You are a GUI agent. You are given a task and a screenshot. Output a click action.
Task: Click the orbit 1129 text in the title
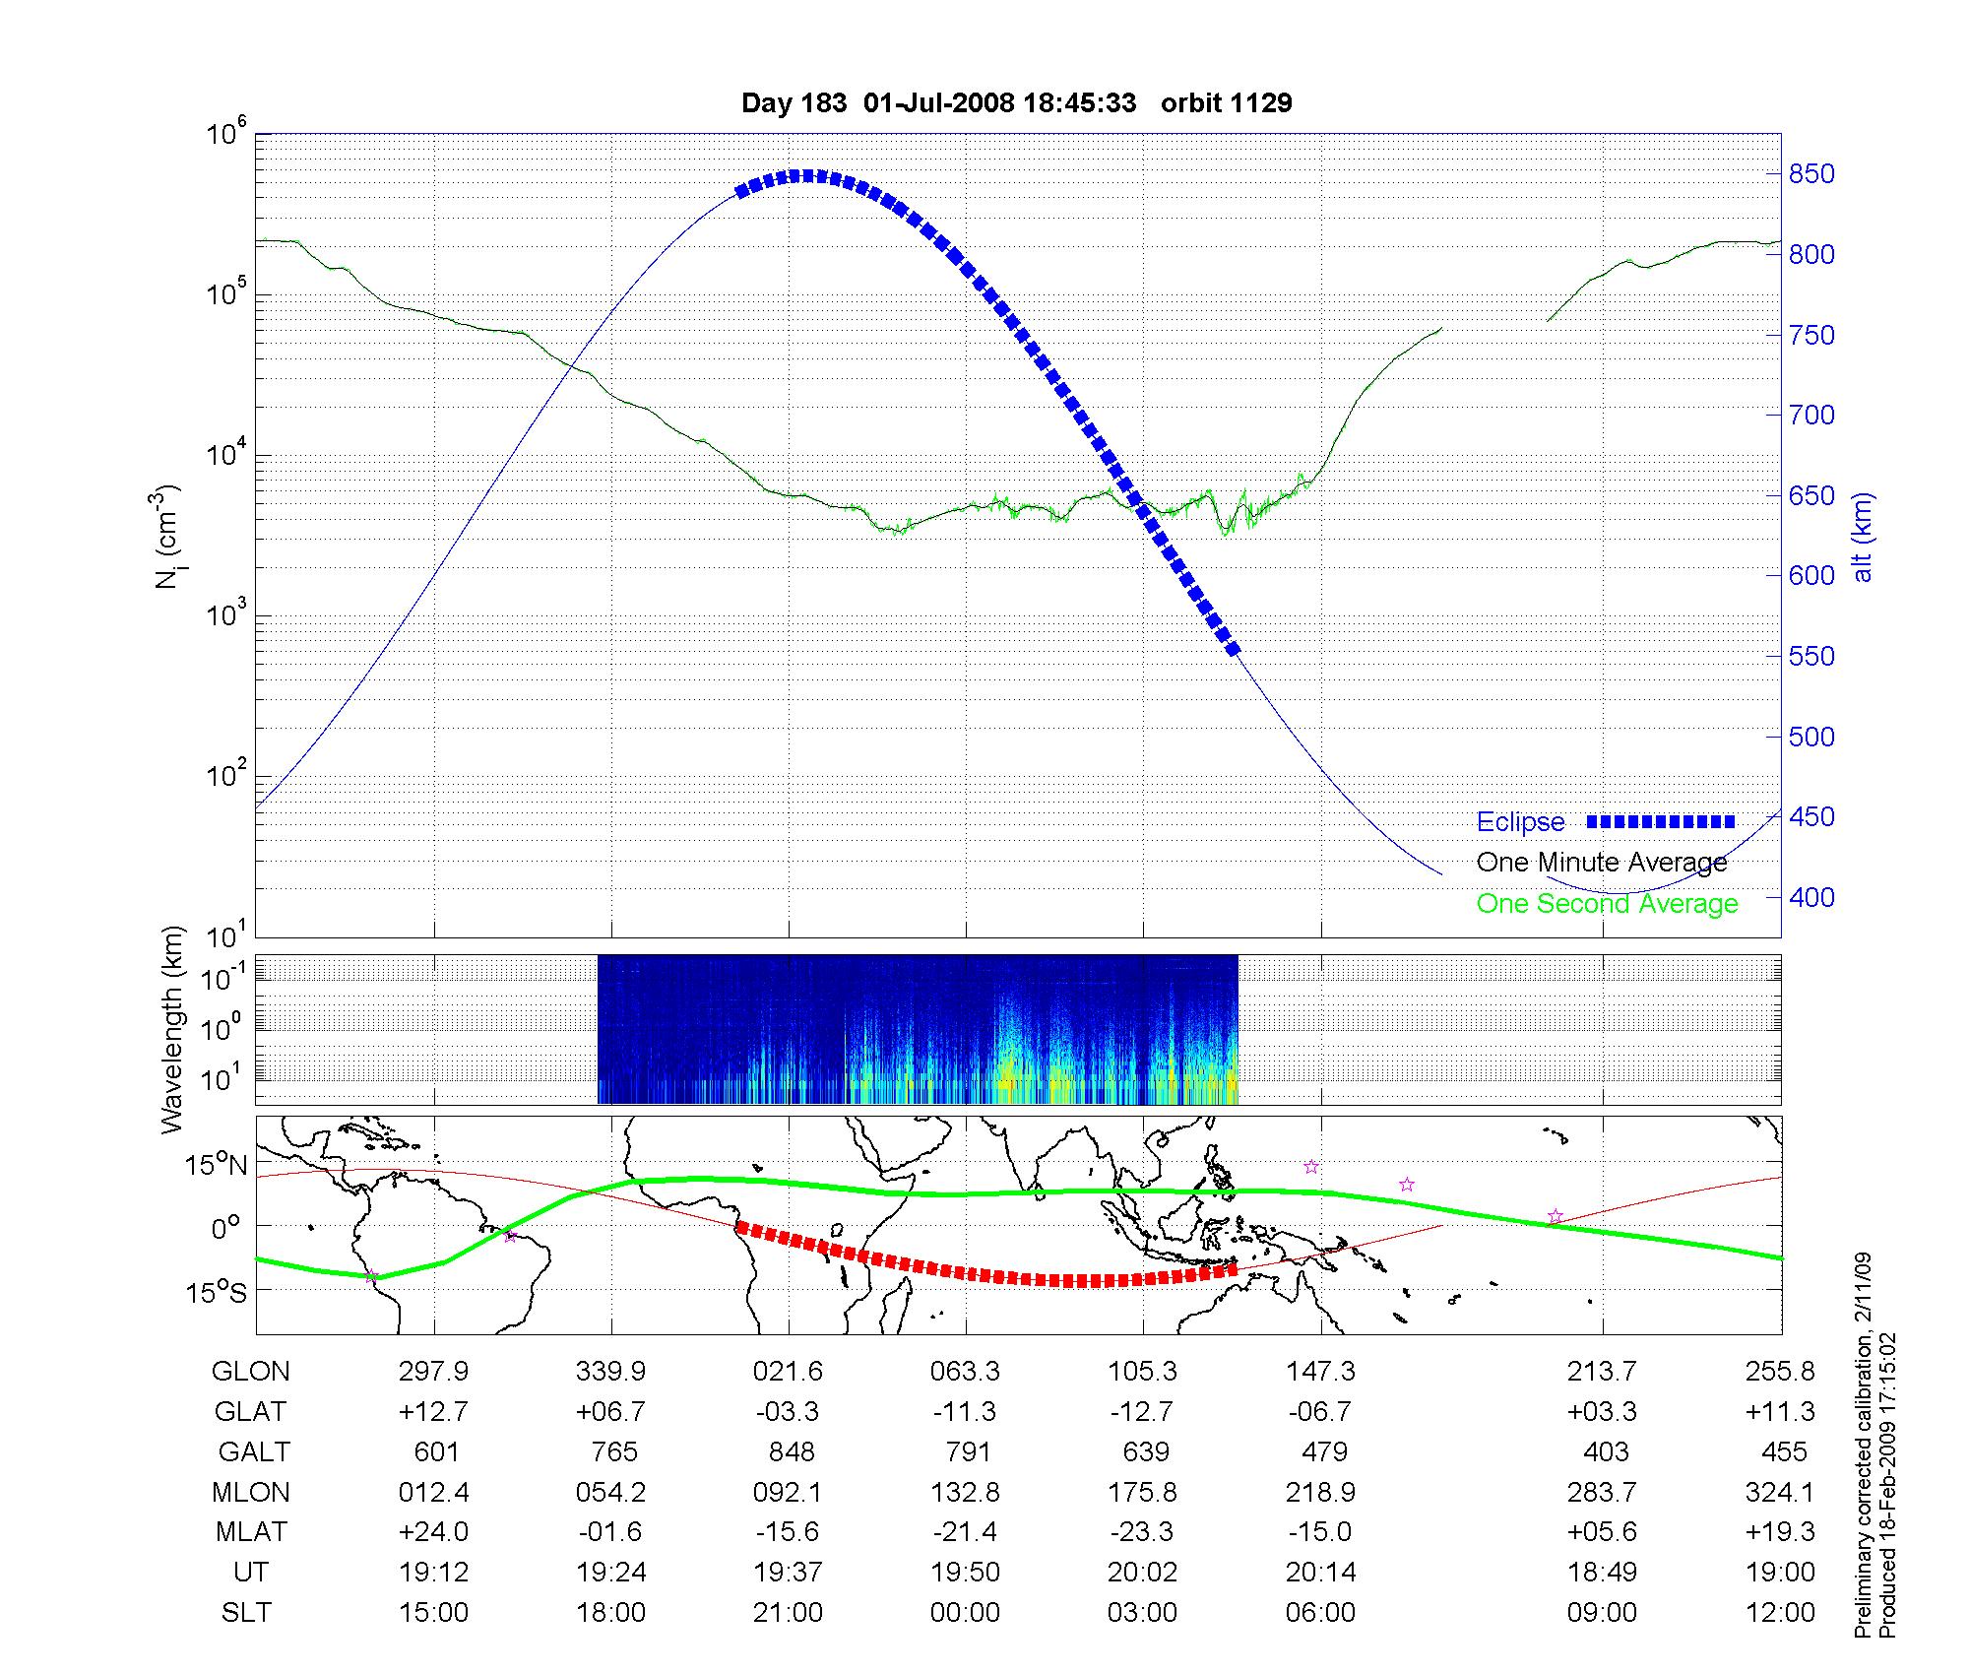pos(1226,103)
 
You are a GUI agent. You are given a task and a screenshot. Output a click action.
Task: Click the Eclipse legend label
pos(1520,822)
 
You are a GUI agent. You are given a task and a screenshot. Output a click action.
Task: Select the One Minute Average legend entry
pos(1602,863)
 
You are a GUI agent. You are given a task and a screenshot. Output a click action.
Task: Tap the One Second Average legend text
pos(1607,904)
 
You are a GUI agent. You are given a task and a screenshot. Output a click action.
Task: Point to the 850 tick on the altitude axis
pos(1811,174)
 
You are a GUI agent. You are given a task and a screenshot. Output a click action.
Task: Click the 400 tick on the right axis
pos(1811,897)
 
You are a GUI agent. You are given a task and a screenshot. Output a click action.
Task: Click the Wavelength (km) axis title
pos(171,1029)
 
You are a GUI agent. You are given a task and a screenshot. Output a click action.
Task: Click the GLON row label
pos(251,1372)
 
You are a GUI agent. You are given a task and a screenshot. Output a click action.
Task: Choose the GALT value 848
pos(792,1452)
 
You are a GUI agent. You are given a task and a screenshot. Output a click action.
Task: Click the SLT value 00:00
pos(965,1613)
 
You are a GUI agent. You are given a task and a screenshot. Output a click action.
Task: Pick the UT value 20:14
pos(1320,1573)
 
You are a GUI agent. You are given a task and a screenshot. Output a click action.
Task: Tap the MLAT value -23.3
pos(1142,1532)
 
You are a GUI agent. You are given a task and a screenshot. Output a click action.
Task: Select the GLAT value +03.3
pos(1602,1412)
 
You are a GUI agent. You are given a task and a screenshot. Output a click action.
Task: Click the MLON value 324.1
pos(1779,1493)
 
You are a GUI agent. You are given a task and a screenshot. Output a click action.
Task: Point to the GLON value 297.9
pos(433,1372)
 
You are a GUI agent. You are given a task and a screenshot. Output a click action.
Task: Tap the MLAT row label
pos(251,1532)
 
